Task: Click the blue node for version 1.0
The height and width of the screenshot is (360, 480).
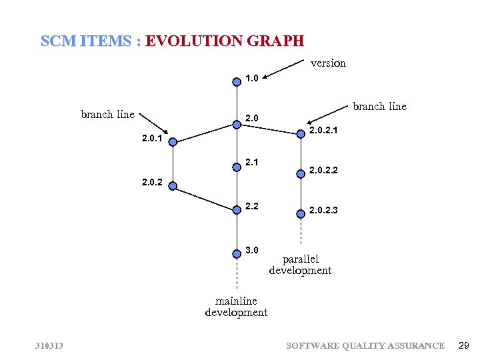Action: (237, 82)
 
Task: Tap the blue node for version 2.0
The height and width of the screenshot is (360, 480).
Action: (237, 123)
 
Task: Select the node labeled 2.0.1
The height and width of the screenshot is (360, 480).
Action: (173, 141)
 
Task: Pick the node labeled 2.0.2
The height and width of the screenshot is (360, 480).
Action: (173, 186)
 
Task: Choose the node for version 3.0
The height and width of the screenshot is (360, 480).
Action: (237, 253)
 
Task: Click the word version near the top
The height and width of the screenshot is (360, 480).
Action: (328, 63)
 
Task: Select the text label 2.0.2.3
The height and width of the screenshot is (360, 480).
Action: (323, 211)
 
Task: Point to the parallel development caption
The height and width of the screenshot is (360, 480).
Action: (300, 265)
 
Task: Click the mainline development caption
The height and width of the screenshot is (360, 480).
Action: (236, 307)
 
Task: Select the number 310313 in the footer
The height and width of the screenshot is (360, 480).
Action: (49, 345)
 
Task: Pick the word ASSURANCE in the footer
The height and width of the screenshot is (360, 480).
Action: (414, 345)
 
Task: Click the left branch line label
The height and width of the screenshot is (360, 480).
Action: (107, 114)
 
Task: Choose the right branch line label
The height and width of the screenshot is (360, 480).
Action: (379, 107)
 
